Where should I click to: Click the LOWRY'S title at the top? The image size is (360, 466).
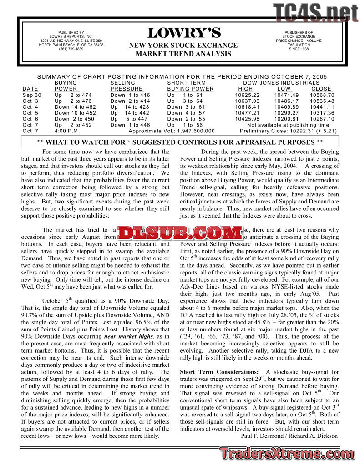click(x=184, y=33)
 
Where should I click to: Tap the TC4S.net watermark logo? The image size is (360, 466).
click(x=315, y=13)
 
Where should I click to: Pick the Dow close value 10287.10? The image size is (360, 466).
click(x=322, y=119)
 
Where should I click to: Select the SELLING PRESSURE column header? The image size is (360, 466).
click(x=127, y=86)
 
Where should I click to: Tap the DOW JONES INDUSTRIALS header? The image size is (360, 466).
click(x=281, y=83)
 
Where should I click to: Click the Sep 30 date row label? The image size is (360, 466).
click(x=32, y=95)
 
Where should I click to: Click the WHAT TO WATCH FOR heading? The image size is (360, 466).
click(x=180, y=142)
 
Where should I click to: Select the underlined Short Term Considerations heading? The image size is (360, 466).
click(x=219, y=372)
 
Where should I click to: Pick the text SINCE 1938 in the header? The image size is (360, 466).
click(x=298, y=49)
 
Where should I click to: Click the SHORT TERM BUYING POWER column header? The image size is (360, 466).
click(x=190, y=86)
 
